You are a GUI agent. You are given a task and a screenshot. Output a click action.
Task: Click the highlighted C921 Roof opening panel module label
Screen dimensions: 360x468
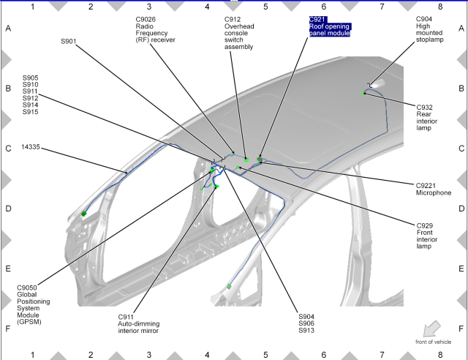tap(330, 26)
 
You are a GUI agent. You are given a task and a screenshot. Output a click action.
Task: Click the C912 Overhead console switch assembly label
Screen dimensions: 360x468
tap(238, 33)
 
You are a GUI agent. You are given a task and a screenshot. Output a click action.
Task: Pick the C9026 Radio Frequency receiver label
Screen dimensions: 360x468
tap(156, 29)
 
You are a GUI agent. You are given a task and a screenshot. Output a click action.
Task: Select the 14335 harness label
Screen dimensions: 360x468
tap(31, 147)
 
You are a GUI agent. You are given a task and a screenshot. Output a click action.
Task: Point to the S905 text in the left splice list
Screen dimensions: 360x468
tap(31, 77)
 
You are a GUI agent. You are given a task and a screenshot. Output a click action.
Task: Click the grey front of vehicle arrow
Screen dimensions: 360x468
tap(432, 329)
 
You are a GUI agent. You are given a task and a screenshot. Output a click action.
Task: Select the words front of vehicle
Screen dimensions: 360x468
tap(434, 342)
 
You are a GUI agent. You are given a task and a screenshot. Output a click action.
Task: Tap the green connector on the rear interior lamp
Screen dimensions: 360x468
tap(363, 93)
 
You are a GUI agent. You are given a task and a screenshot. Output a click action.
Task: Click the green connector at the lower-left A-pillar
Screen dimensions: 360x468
tap(84, 213)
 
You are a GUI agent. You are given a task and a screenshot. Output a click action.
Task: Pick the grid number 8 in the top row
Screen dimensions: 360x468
tap(440, 7)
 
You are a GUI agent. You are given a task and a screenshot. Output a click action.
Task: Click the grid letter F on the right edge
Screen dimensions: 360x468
tap(459, 329)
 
